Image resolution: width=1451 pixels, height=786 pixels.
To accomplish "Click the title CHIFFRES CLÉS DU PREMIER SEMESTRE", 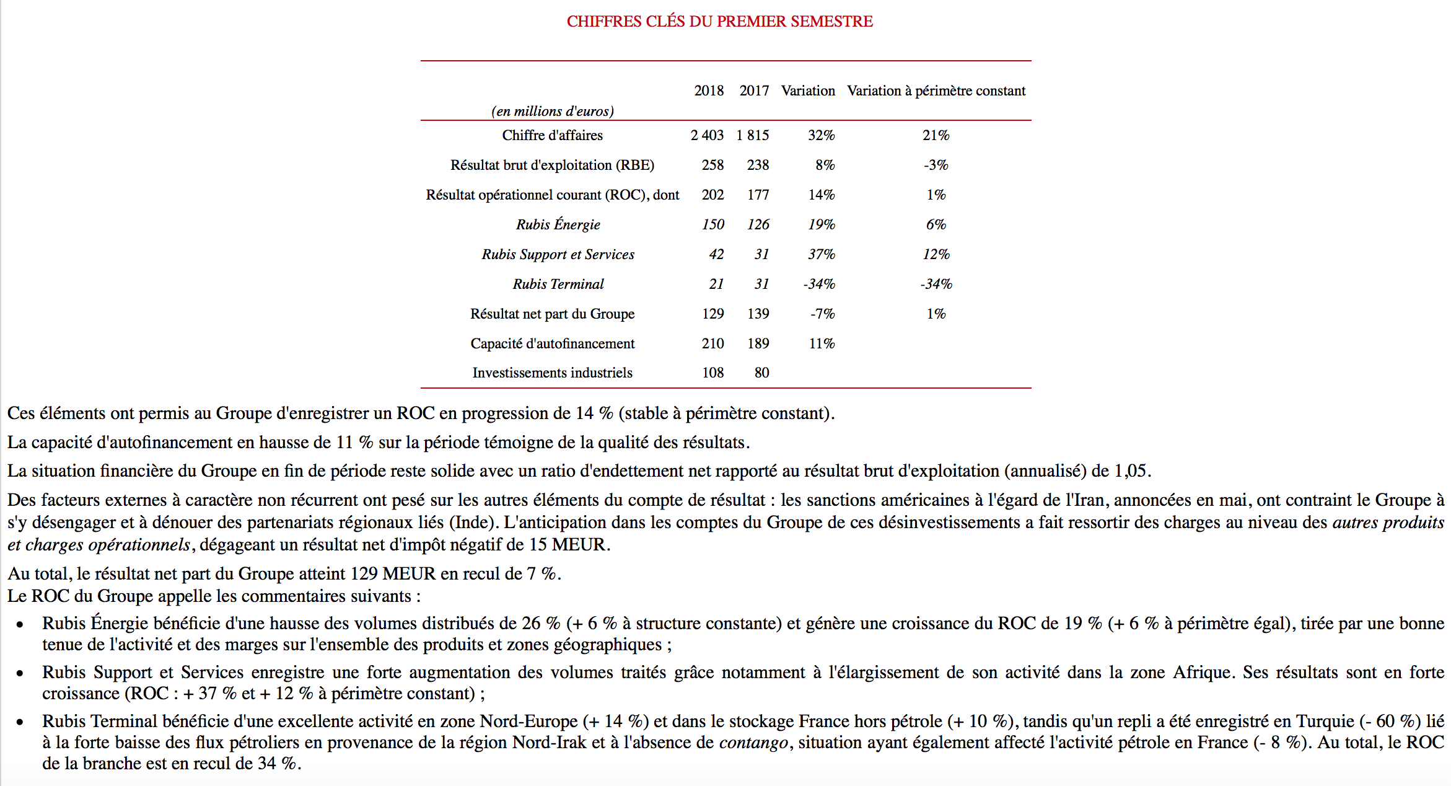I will (x=719, y=22).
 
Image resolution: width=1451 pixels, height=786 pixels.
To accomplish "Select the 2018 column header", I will (x=709, y=91).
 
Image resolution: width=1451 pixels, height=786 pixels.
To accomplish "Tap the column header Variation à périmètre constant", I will (x=936, y=91).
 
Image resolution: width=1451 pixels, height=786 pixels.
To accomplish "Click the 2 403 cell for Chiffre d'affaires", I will (x=707, y=135).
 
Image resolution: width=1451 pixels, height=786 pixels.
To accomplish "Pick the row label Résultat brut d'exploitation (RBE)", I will (x=552, y=165).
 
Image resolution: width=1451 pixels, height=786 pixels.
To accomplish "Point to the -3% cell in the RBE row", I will (x=936, y=165).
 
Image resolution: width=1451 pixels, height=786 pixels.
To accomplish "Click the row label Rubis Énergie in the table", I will (x=558, y=224).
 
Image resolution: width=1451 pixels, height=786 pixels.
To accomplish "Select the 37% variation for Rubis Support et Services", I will (x=821, y=254).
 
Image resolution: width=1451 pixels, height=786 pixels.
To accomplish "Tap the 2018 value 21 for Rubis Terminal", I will (x=716, y=284).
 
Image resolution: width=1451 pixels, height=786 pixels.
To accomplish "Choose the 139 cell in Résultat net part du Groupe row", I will (x=758, y=314).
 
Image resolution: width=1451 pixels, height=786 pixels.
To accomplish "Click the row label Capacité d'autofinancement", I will (x=552, y=343).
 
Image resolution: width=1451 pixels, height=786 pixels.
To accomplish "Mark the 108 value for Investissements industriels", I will (x=712, y=373).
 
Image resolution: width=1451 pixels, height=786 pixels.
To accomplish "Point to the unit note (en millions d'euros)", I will (x=552, y=112).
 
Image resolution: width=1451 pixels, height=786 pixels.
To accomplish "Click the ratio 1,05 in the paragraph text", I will (x=1130, y=471).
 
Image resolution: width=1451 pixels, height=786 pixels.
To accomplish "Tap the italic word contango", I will (x=753, y=743).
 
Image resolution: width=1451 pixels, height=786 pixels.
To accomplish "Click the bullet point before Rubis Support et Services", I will (x=20, y=673).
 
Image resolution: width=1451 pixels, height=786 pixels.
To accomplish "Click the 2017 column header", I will (x=754, y=91).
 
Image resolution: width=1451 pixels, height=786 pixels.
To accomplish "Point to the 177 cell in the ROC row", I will (x=758, y=195).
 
